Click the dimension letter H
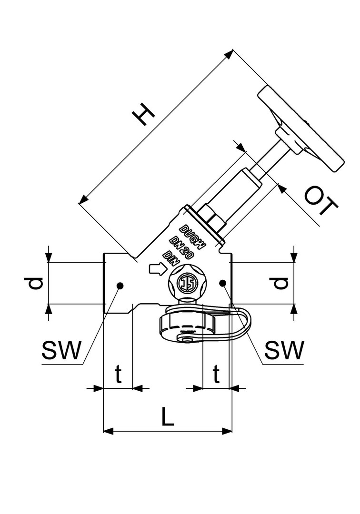pos(143,114)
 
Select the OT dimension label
pos(321,201)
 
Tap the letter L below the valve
pos(168,416)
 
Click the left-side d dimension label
pos(33,283)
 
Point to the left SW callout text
pos(61,350)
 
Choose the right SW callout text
pos(284,350)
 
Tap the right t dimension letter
pos(216,374)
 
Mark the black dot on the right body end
pos(223,282)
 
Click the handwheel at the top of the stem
pos(301,129)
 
